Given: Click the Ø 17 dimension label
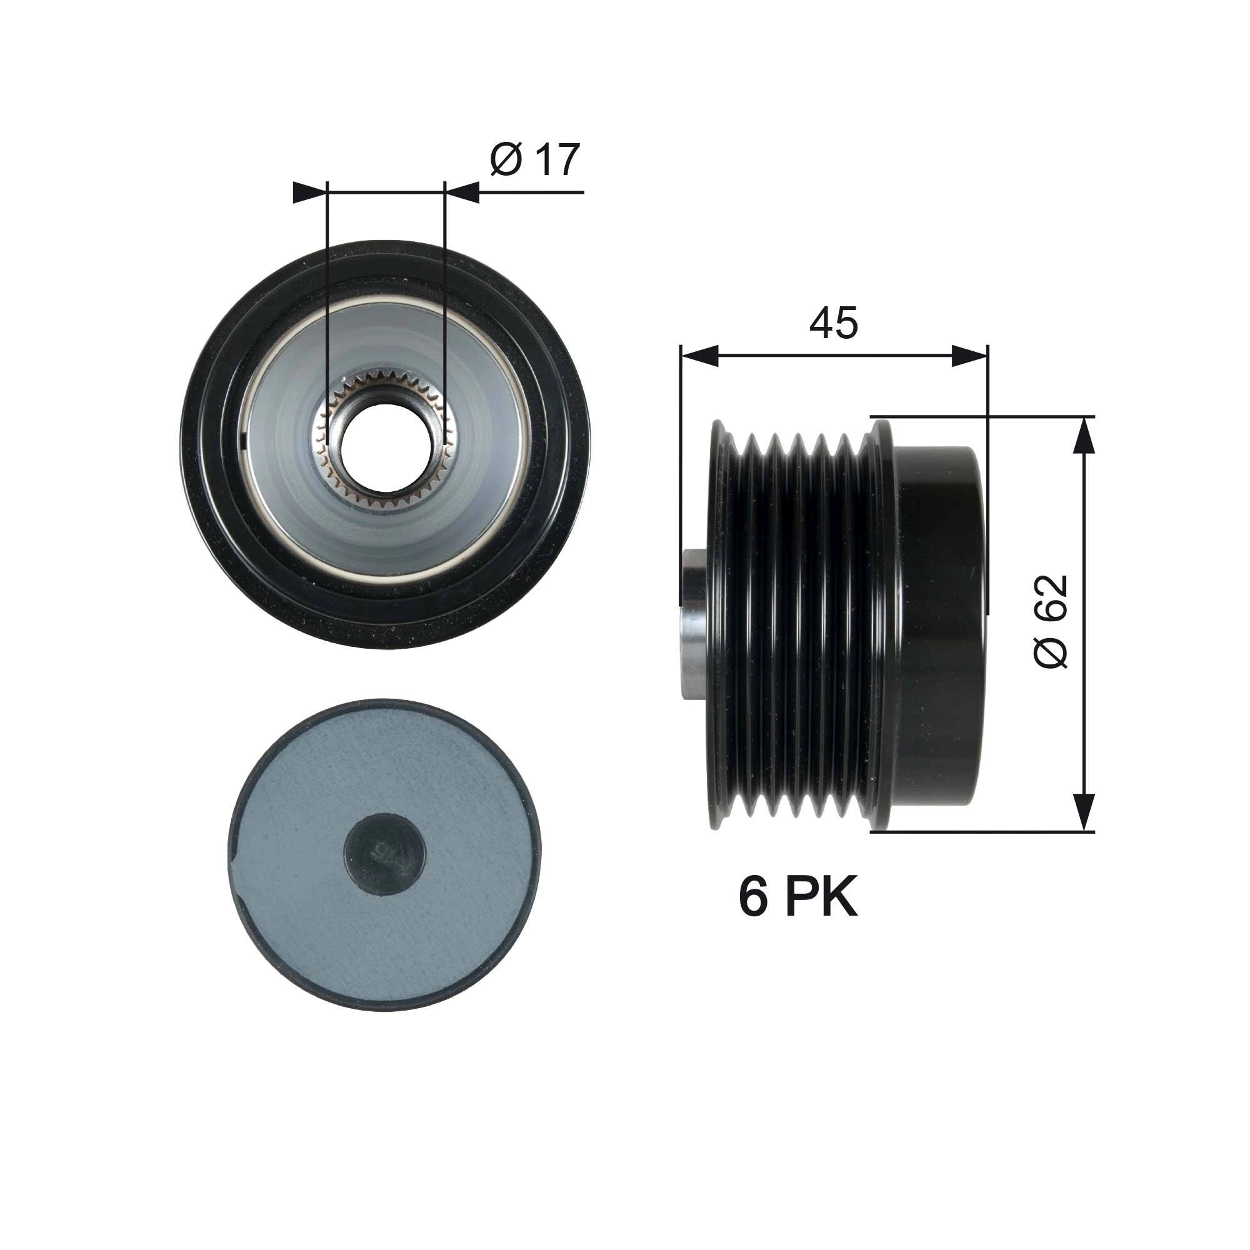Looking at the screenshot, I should point(534,160).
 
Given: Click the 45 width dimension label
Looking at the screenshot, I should point(833,323).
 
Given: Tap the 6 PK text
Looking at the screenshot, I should point(797,897).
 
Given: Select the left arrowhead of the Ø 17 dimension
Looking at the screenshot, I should point(309,192).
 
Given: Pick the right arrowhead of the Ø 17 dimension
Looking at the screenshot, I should point(463,192).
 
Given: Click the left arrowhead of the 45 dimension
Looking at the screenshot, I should point(699,356).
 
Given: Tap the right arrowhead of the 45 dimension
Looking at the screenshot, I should point(970,356).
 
